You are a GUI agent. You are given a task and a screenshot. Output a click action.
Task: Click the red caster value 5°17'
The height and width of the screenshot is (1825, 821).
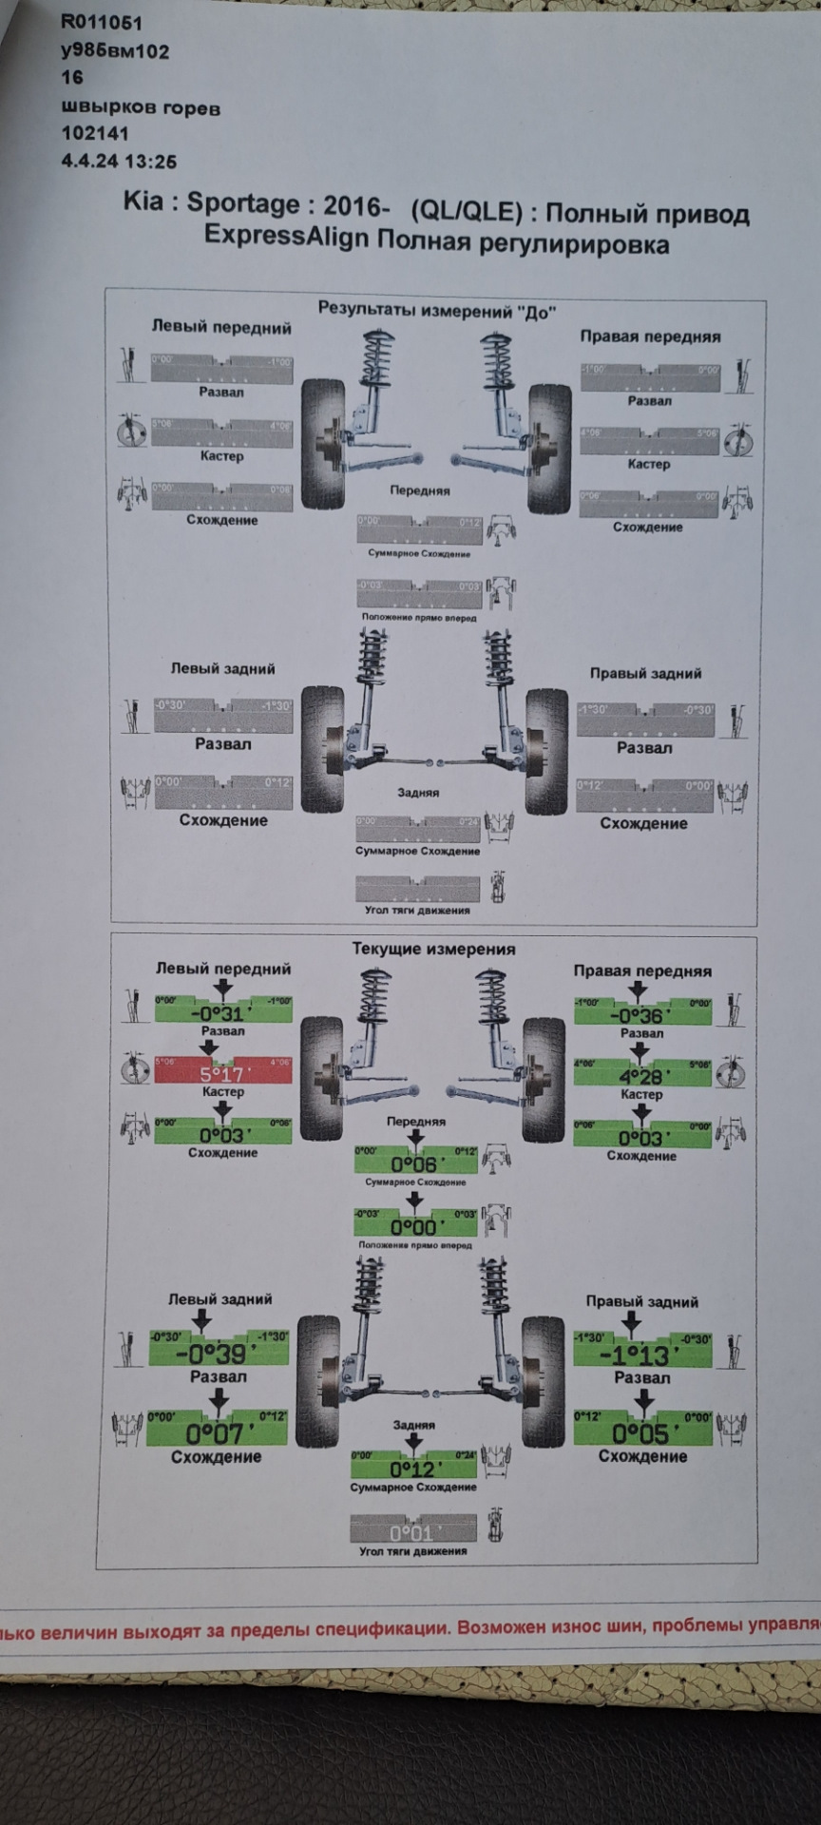[x=221, y=1074]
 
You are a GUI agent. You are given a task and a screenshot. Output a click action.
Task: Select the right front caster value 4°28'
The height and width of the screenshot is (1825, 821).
[x=642, y=1077]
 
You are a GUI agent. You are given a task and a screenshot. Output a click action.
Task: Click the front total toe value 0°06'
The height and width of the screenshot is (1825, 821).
[x=414, y=1164]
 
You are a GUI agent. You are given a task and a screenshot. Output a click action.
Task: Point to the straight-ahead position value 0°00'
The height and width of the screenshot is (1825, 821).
[x=414, y=1226]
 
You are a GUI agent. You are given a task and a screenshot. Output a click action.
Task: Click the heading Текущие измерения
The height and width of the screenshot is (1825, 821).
[x=433, y=949]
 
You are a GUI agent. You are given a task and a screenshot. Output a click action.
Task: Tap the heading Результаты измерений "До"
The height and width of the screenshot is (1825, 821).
[x=436, y=310]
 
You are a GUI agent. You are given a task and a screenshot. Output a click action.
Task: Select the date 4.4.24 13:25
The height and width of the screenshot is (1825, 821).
[x=119, y=161]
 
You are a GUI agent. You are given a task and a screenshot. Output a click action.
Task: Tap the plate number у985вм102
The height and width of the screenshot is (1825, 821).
[x=115, y=50]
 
